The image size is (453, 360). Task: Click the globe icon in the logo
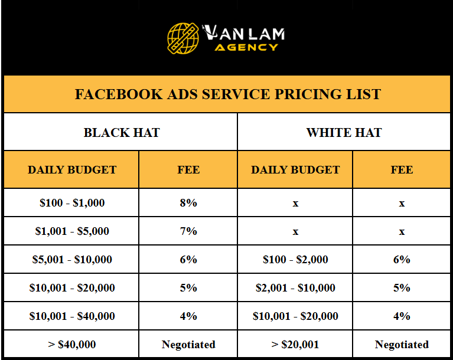coord(182,37)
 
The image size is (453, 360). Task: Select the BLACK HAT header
coord(122,132)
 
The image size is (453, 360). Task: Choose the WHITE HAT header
coord(344,132)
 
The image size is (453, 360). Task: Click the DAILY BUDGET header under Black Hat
coord(72,170)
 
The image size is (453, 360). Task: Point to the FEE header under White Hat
coord(402,170)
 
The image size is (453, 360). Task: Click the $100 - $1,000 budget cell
coord(72,203)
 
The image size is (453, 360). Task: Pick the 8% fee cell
coord(188,203)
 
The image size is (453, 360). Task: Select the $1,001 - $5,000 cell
coord(72,231)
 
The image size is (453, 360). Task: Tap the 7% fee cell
coord(188,231)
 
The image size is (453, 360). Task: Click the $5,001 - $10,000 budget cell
coord(72,260)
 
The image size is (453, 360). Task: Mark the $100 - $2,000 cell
coord(295,260)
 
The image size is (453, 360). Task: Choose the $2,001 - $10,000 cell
coord(295,288)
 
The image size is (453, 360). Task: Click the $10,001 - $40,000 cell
coord(72,316)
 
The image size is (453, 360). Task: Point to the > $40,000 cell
coord(72,345)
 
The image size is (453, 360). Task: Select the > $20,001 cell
coord(295,345)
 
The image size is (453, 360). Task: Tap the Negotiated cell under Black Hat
coord(188,345)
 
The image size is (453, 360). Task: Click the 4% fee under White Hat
coord(402,316)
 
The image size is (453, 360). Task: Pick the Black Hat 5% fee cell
coord(188,288)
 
